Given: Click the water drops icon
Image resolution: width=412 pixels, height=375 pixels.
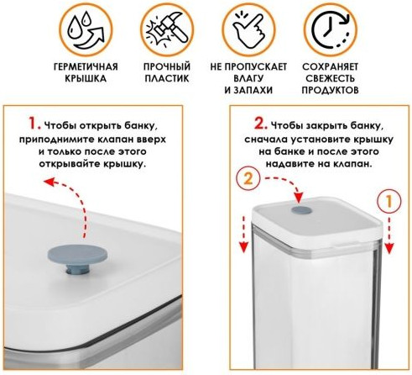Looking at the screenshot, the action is point(86,29).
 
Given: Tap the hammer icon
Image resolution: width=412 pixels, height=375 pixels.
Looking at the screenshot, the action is point(167,29).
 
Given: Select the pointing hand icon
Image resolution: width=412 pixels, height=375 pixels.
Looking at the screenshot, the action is point(248,29).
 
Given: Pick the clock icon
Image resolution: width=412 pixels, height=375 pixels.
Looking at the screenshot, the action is point(331,29).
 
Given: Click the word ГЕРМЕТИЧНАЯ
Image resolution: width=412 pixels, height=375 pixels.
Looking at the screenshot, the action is point(86,67).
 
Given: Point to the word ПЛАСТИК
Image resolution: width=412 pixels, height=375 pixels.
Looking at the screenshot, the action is point(167,78).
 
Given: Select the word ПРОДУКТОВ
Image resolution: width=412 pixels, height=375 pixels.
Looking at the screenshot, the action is point(330,90).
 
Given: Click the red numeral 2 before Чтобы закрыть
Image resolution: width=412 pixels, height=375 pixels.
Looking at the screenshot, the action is point(260,124).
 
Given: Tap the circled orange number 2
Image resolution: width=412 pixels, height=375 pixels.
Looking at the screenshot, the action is point(248,178).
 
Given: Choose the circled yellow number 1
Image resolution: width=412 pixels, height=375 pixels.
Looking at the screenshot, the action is point(389,201).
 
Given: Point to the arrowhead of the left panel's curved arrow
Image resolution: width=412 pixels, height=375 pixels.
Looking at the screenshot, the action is point(49,182).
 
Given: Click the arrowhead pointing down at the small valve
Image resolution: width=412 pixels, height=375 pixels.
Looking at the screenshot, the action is point(299,198).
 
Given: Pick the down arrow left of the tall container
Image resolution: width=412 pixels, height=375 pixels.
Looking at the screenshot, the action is point(244,234).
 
